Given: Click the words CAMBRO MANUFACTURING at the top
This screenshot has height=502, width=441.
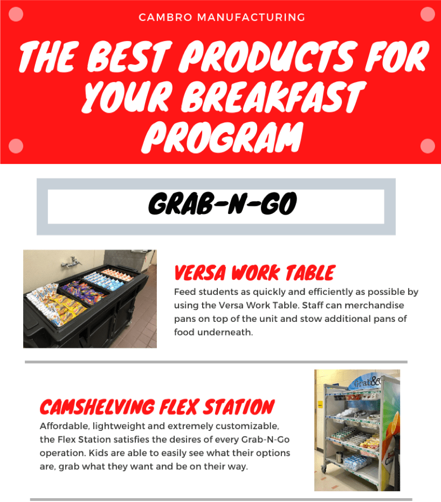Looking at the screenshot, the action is point(222,17).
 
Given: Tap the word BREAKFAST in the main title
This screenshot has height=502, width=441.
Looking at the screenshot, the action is point(273,96).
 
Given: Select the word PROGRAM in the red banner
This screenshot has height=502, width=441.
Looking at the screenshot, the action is point(222,137).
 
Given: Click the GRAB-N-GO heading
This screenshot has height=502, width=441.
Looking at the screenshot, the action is point(223,204).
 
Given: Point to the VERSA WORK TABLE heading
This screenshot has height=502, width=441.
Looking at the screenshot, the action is point(255,273).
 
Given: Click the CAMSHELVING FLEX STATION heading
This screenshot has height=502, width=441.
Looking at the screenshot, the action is point(157,407).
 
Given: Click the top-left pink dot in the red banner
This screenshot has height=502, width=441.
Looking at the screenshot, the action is point(16,14).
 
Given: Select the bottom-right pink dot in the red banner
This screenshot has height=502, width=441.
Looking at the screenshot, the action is point(427,146).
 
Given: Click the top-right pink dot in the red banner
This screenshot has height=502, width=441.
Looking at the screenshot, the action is point(427,14).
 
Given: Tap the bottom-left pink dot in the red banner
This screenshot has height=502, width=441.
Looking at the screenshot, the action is point(16,146).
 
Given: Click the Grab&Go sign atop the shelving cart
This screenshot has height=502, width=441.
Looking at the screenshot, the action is point(367,381).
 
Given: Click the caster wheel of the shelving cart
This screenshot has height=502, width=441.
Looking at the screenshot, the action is point(323,470).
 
